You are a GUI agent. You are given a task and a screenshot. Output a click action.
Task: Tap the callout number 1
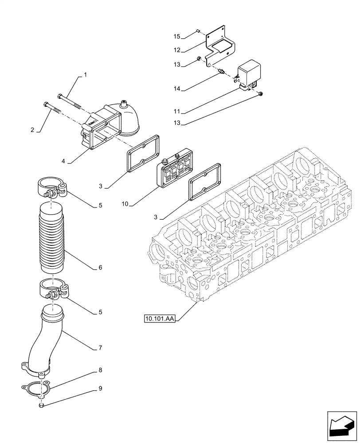(85, 76)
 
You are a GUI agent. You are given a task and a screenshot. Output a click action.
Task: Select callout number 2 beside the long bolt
(32, 130)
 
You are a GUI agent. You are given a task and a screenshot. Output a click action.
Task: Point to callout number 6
(100, 268)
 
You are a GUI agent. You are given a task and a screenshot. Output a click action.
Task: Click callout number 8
(100, 369)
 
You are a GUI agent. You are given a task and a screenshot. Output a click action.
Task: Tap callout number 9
(100, 389)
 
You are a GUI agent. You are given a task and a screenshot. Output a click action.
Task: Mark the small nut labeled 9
(41, 404)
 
